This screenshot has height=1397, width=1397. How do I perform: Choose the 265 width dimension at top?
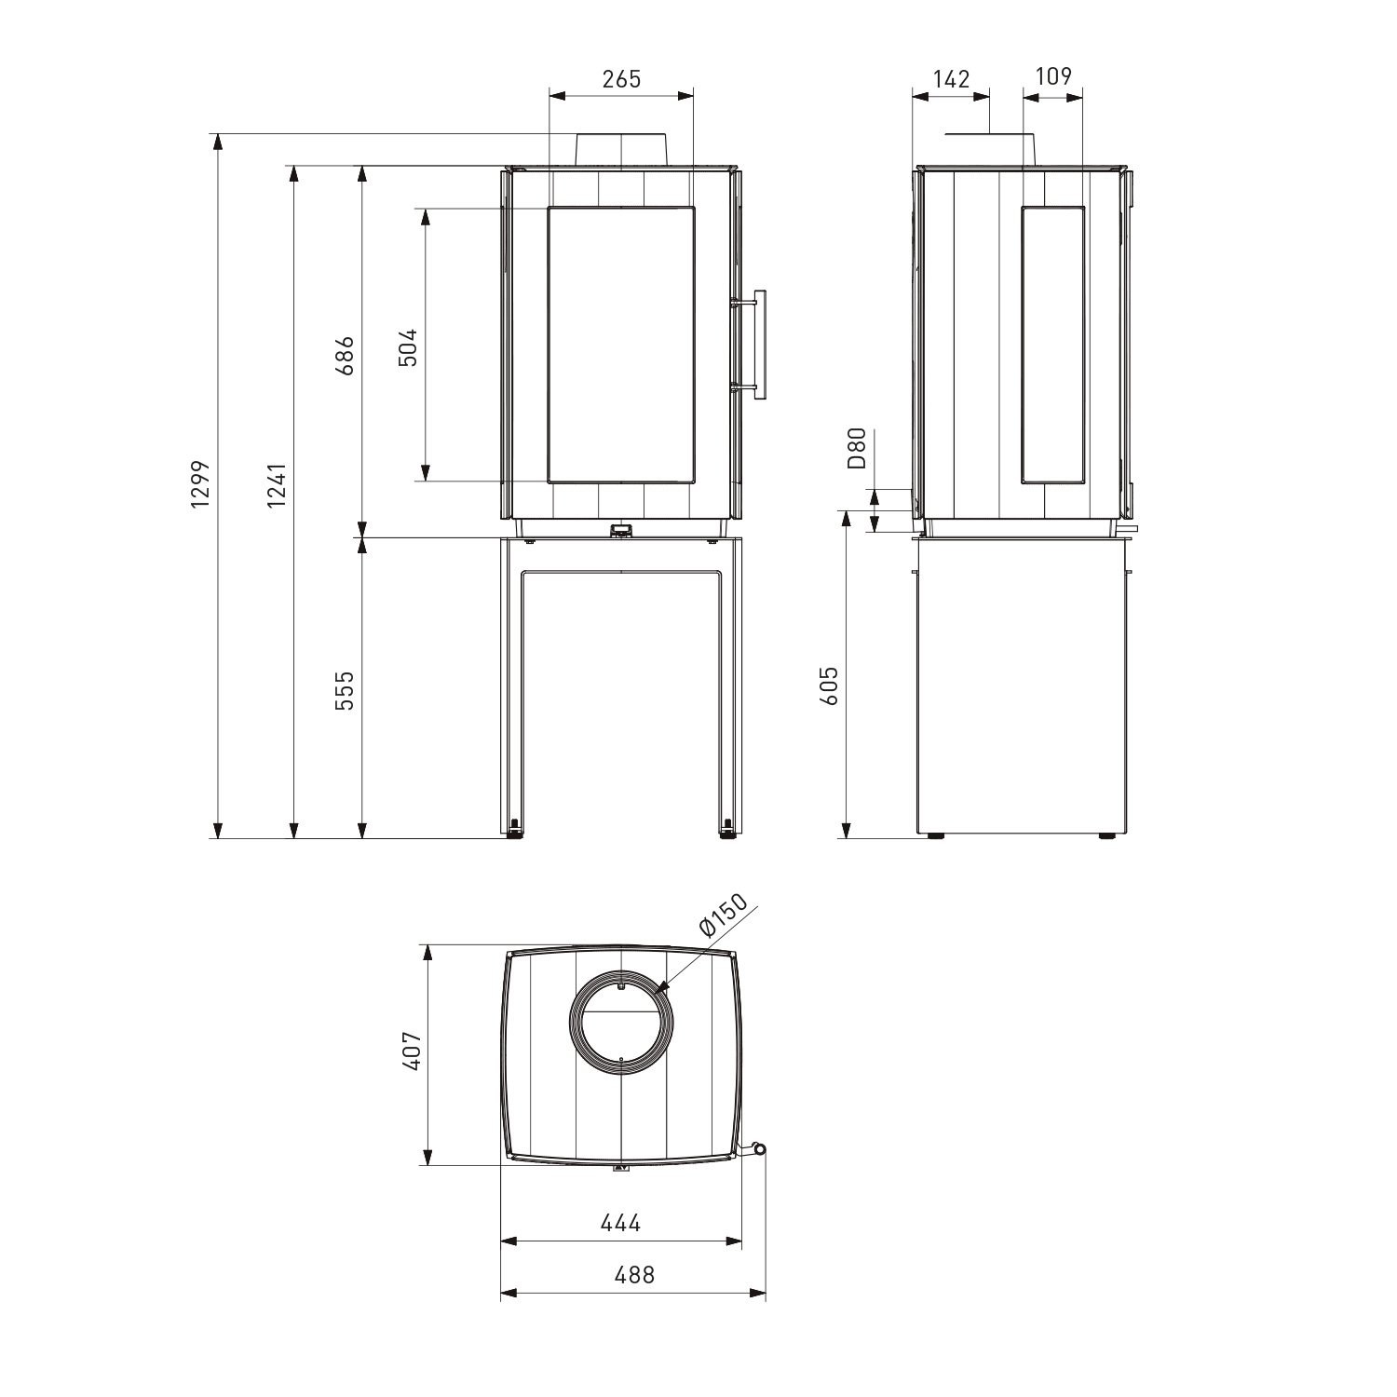click(621, 79)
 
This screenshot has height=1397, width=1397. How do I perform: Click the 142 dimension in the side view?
click(951, 79)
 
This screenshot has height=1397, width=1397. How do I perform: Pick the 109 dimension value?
click(1053, 76)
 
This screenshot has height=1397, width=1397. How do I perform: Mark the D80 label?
click(858, 447)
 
